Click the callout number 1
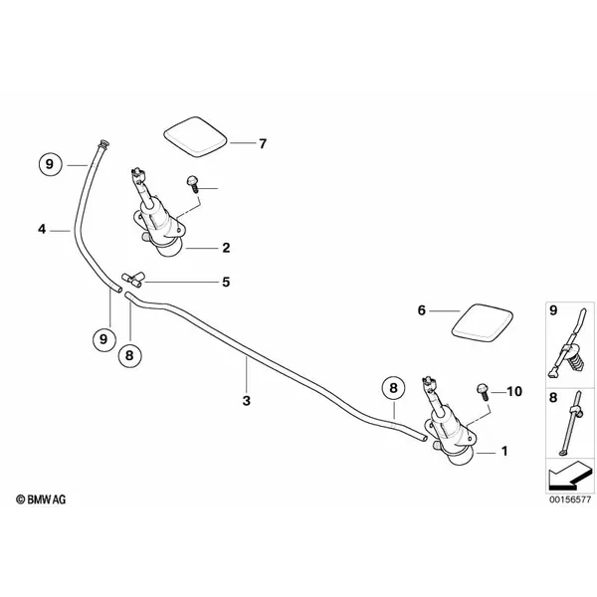click(504, 452)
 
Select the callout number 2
click(226, 247)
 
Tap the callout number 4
click(42, 230)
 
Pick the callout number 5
click(226, 283)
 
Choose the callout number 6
click(421, 311)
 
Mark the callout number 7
click(263, 144)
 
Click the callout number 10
click(514, 392)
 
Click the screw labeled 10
click(483, 389)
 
